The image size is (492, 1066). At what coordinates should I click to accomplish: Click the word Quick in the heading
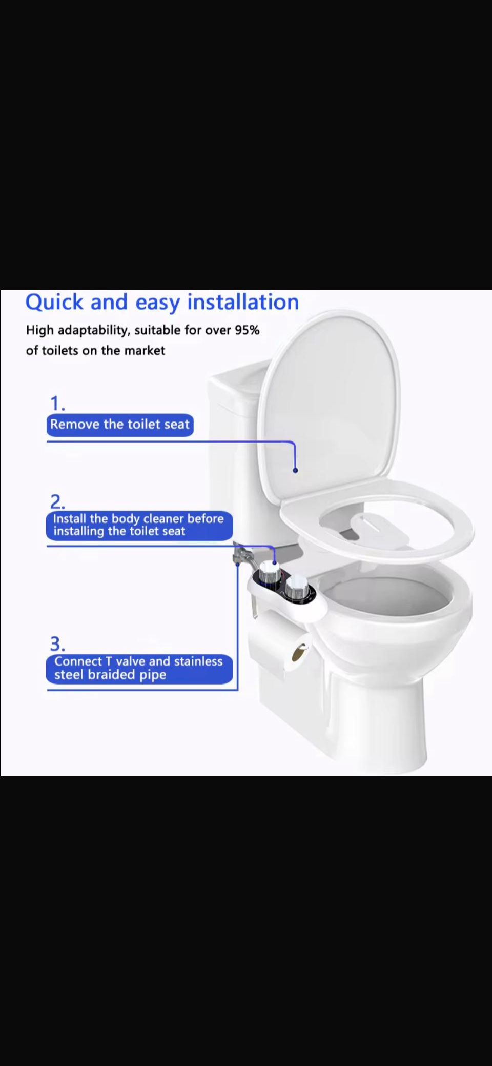click(x=54, y=302)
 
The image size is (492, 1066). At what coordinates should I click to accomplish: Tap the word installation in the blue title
click(x=243, y=302)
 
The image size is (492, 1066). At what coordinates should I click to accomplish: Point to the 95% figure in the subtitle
click(x=247, y=330)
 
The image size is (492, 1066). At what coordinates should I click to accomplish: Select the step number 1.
click(x=57, y=404)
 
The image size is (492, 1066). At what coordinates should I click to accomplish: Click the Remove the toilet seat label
click(x=120, y=425)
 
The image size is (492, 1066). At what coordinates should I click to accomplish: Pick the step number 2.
click(x=57, y=501)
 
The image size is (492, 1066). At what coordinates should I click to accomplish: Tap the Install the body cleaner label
click(x=139, y=525)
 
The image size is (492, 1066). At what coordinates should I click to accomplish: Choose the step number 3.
click(x=57, y=643)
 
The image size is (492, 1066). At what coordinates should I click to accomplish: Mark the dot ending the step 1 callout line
click(x=295, y=470)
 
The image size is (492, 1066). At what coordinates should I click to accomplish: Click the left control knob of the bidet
click(x=270, y=573)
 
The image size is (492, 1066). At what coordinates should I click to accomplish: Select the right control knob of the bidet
click(x=297, y=588)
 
